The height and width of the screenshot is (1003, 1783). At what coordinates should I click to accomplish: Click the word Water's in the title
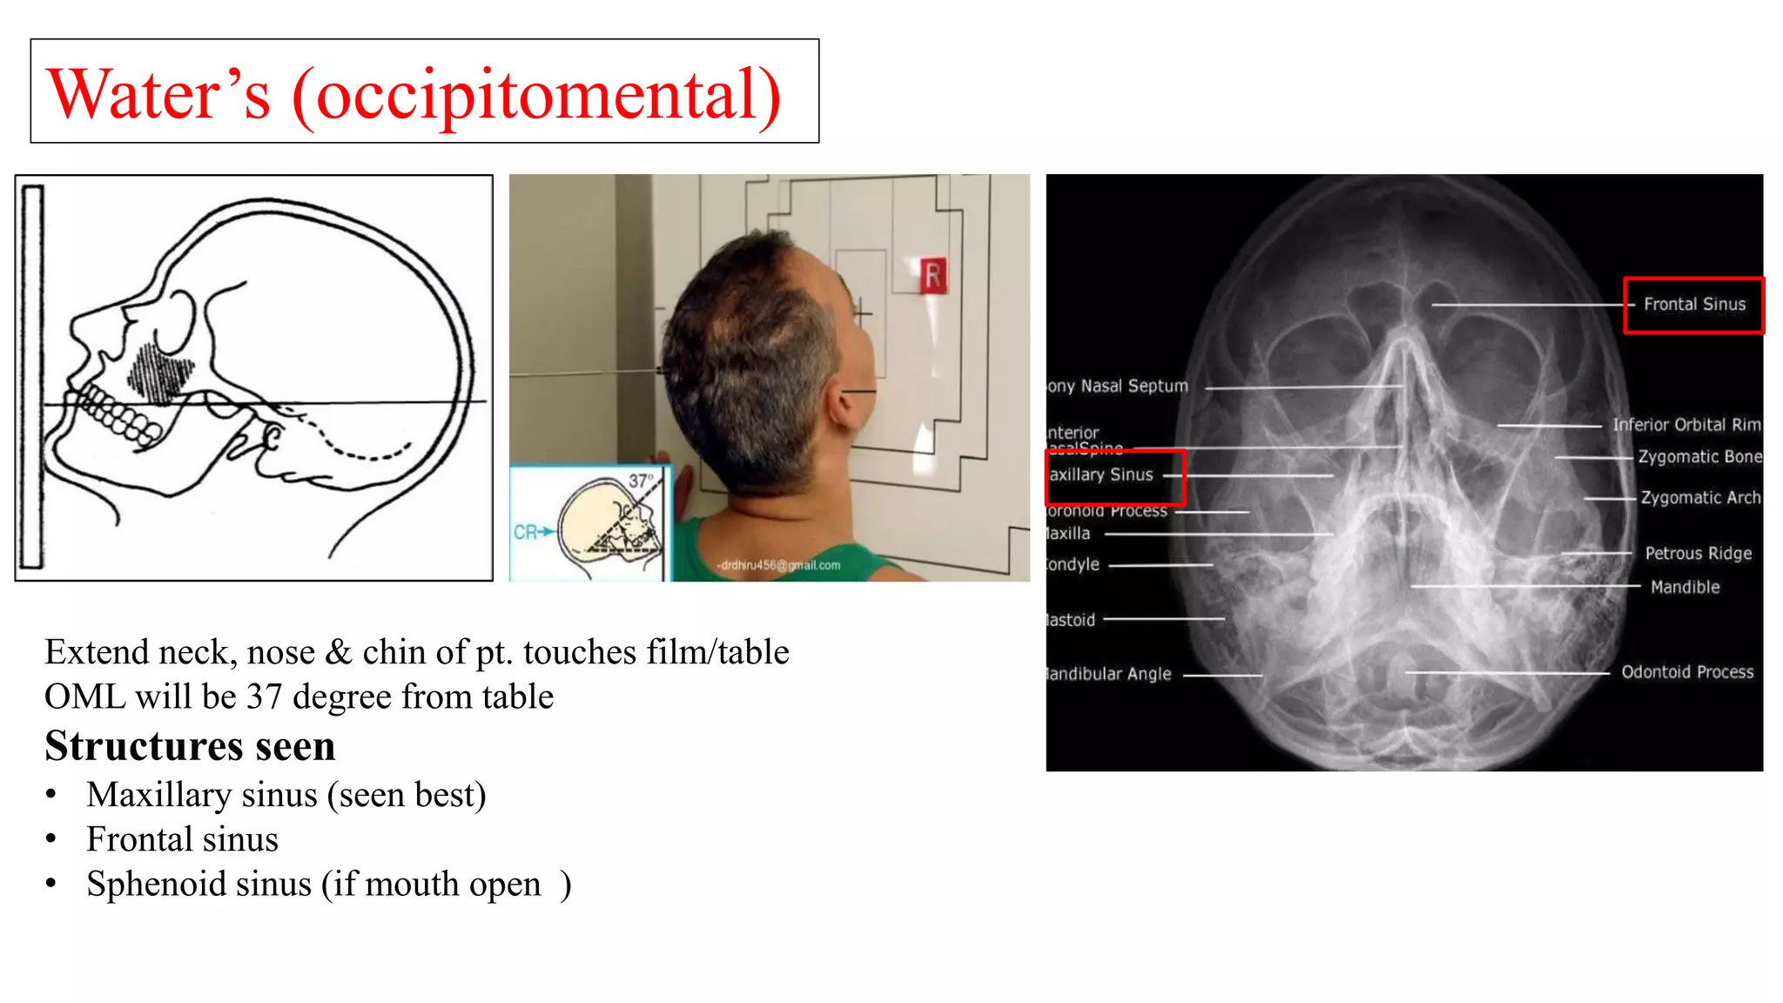[158, 94]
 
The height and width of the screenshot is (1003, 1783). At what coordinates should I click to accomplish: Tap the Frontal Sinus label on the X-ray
[1693, 305]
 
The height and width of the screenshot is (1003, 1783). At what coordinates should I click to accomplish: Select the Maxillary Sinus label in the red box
[1102, 475]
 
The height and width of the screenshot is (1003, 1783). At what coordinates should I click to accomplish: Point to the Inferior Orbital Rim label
[1685, 425]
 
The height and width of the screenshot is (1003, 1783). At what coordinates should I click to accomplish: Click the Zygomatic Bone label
[1699, 457]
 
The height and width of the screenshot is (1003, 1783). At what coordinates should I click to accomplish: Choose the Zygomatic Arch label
[1699, 498]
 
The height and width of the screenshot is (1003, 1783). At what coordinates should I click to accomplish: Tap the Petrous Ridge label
[1698, 554]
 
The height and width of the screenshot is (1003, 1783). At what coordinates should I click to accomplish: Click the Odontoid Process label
[1686, 672]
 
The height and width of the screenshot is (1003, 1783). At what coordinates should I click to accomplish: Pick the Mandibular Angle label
[1109, 674]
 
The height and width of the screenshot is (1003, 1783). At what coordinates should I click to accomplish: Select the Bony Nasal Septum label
[1118, 387]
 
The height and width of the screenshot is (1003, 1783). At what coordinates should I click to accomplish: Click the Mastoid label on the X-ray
[1071, 620]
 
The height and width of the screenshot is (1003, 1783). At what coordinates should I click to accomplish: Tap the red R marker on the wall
[932, 276]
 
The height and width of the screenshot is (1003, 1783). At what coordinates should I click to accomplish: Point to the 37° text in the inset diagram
[641, 481]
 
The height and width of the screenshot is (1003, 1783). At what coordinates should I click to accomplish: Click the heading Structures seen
[190, 746]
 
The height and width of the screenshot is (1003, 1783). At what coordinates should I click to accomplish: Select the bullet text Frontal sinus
[182, 839]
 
